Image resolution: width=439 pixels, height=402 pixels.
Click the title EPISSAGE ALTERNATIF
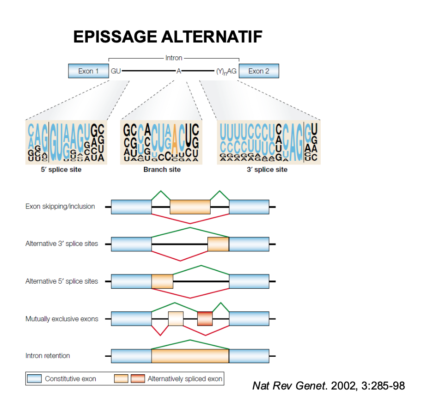[x=168, y=37]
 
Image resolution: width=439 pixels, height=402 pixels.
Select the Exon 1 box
[x=88, y=71]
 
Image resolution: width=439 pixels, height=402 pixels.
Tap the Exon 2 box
[x=258, y=71]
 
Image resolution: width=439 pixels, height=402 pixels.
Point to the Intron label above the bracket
[x=174, y=58]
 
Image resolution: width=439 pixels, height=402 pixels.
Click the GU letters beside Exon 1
[x=116, y=71]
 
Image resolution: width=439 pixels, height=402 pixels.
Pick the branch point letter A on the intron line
[x=178, y=71]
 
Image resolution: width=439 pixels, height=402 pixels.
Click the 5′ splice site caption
[x=61, y=170]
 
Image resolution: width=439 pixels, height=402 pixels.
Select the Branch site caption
[x=162, y=170]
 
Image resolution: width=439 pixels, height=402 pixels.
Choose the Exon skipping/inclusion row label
[x=60, y=207]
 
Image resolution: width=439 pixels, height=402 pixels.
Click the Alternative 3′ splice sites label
[x=61, y=244]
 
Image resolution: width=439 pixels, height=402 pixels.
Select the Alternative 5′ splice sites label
[x=61, y=281]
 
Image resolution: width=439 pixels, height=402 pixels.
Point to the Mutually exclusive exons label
[x=61, y=319]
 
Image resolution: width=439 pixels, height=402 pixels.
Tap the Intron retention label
[x=48, y=356]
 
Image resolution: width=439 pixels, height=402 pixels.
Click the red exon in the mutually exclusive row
[x=205, y=319]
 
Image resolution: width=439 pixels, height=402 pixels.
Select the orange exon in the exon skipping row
[x=190, y=207]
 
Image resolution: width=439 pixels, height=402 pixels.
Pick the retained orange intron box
[x=190, y=356]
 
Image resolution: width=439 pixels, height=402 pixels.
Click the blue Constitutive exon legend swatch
[x=35, y=379]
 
